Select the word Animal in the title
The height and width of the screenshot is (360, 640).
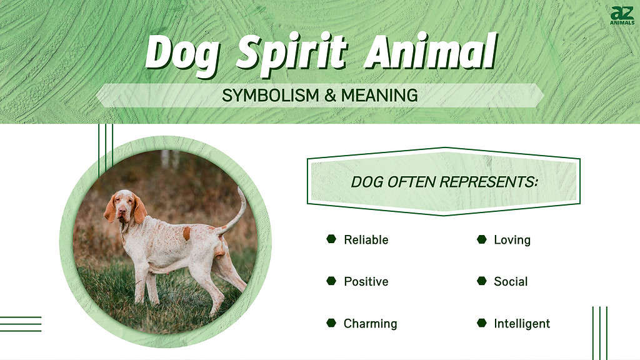(x=431, y=52)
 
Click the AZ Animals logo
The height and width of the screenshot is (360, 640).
(x=622, y=16)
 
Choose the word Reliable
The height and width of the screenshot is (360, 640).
(x=366, y=240)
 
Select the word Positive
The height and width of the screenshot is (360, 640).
(x=366, y=282)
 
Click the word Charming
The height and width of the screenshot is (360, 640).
(x=370, y=324)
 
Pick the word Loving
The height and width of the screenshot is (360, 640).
(x=512, y=240)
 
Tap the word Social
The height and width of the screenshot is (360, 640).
(x=511, y=282)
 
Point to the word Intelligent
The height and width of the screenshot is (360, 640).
(x=522, y=324)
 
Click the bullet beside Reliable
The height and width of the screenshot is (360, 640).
(x=331, y=239)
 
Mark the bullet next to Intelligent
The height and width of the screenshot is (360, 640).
(x=482, y=323)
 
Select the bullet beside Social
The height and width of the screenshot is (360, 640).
(x=482, y=281)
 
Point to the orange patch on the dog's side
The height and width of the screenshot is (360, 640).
(x=186, y=233)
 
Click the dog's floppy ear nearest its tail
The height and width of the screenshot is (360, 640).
(x=139, y=209)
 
